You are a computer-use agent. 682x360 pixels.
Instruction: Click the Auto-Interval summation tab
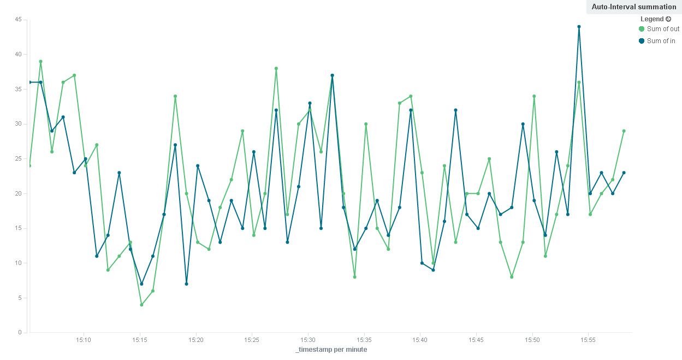[x=633, y=7]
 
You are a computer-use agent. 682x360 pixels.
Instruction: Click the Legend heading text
[x=652, y=19]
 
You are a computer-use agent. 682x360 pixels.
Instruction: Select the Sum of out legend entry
[x=663, y=29]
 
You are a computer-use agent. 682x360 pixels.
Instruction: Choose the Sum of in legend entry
[x=661, y=41]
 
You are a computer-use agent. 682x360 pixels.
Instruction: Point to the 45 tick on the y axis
[x=18, y=20]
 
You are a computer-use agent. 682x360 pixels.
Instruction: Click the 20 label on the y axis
[x=18, y=193]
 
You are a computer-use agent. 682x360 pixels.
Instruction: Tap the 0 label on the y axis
[x=20, y=332]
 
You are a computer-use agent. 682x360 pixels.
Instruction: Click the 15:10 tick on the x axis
[x=84, y=339]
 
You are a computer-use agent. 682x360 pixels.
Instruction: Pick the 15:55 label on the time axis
[x=588, y=339]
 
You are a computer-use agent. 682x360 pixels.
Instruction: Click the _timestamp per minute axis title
[x=331, y=350]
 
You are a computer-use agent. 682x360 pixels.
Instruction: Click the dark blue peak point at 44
[x=579, y=26]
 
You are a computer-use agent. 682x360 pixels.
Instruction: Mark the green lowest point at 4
[x=141, y=305]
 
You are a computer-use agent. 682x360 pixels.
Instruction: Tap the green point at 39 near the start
[x=40, y=62]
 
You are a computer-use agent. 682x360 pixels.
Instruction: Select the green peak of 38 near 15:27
[x=276, y=68]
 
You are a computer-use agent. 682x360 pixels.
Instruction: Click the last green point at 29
[x=624, y=131]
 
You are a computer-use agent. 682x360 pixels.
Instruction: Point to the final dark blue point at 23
[x=624, y=173]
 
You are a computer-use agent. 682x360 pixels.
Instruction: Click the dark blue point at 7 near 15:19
[x=186, y=284]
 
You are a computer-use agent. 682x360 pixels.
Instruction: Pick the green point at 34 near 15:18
[x=175, y=96]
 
